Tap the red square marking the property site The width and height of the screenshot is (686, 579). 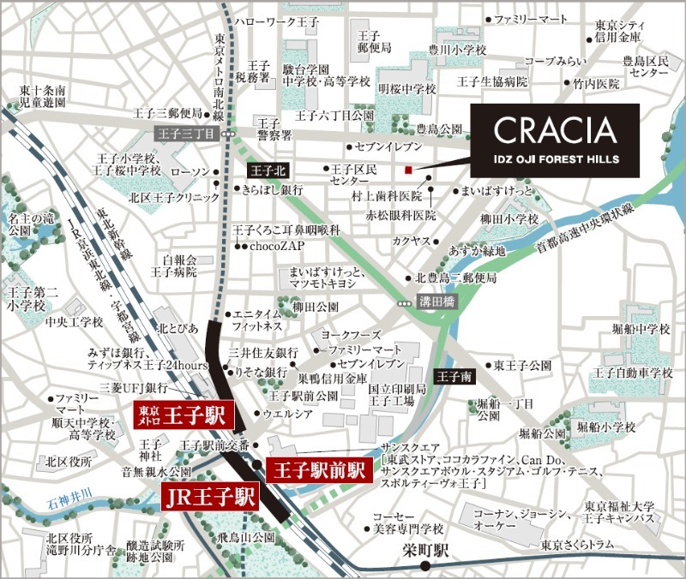coord(410,169)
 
